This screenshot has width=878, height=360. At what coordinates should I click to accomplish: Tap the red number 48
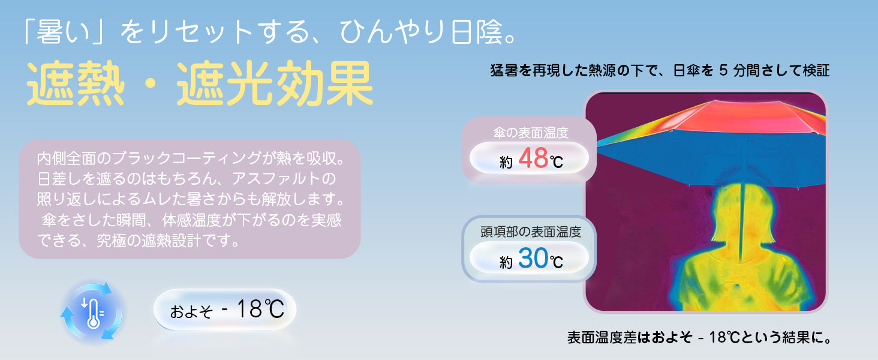533,158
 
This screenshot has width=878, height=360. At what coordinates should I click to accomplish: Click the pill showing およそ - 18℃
225,310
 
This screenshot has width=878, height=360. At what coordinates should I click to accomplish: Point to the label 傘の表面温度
530,133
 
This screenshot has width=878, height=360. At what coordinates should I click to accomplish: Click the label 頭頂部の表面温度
530,231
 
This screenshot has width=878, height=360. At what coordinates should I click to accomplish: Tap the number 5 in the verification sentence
722,70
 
